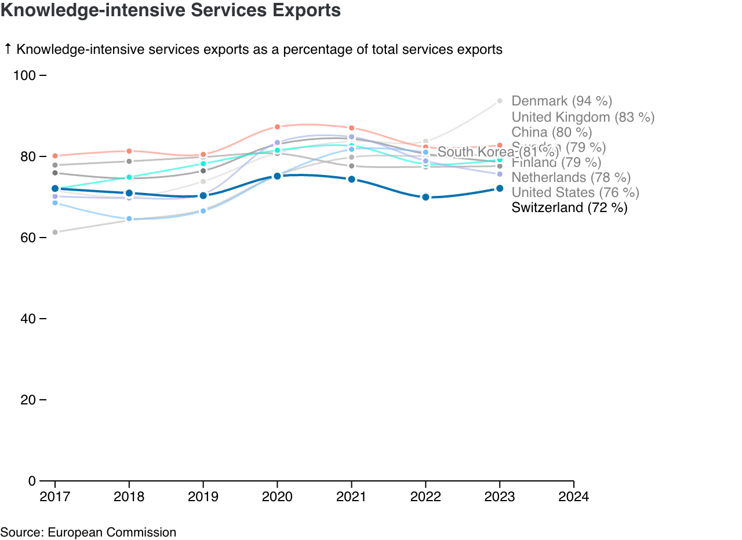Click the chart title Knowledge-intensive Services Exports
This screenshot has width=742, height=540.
(170, 10)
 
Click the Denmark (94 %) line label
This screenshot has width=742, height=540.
(562, 101)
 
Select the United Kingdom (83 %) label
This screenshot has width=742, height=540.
(583, 117)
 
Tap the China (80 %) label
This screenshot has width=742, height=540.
(551, 133)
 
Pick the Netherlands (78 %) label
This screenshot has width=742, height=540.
(571, 177)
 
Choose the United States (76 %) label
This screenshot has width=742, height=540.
(575, 192)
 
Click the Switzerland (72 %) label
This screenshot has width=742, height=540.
(569, 207)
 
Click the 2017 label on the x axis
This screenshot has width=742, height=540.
(55, 497)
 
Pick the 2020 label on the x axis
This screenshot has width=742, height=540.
(277, 497)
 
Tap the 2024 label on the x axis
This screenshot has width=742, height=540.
(573, 497)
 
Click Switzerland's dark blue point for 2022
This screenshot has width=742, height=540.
(425, 197)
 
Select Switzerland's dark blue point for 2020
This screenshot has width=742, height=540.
(277, 176)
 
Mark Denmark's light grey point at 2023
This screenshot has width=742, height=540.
(500, 101)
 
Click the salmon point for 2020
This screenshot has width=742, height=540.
(277, 127)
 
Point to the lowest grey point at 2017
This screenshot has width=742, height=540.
(55, 232)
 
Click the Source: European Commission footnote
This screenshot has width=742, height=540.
(88, 532)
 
